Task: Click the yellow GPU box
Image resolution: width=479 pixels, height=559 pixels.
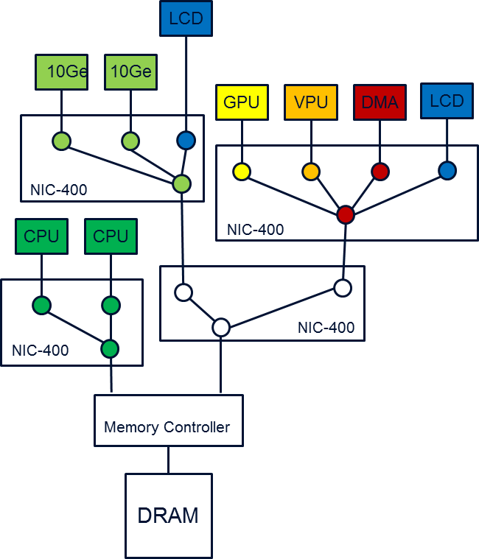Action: tap(242, 102)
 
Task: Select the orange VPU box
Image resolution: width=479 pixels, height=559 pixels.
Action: tap(311, 102)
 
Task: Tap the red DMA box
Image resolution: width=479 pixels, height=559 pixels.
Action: tap(380, 102)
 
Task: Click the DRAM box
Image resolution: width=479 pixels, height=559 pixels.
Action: tap(168, 515)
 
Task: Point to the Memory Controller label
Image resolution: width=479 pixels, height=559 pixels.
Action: tap(167, 427)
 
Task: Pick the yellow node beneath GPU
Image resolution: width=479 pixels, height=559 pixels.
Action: tap(242, 172)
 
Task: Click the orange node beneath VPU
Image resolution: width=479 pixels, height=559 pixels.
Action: tap(311, 172)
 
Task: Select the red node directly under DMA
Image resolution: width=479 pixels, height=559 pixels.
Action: tap(380, 172)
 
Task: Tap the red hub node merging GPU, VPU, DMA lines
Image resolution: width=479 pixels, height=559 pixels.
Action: tap(345, 214)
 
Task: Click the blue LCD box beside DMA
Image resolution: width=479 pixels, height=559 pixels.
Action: tap(447, 101)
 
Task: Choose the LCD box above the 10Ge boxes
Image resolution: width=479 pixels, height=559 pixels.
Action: tap(186, 18)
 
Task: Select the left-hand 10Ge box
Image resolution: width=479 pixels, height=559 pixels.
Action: tap(62, 72)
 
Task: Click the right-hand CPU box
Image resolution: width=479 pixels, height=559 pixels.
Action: tap(111, 236)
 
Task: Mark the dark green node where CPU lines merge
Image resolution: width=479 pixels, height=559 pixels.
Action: tap(110, 348)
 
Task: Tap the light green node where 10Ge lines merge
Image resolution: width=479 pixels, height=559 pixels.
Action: tap(181, 183)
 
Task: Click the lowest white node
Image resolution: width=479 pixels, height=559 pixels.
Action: tap(221, 328)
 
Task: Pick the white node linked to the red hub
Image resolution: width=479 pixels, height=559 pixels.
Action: tap(342, 288)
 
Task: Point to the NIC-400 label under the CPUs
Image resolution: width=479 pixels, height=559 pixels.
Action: tap(41, 351)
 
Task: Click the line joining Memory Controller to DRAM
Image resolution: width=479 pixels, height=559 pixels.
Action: tap(168, 460)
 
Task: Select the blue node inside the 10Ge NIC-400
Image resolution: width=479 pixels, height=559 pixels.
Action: tap(186, 141)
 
